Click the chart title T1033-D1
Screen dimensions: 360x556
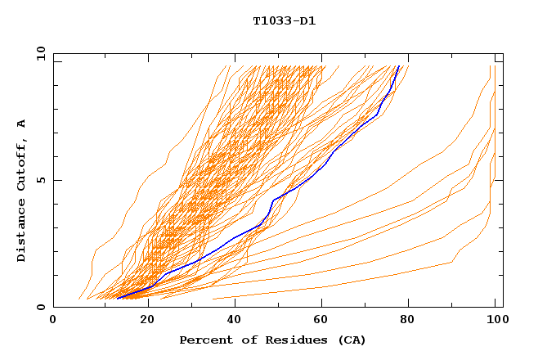tap(284, 20)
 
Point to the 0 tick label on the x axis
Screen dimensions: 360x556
tap(53, 321)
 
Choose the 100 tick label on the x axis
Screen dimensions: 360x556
tap(496, 321)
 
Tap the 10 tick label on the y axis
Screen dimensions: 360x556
tap(38, 53)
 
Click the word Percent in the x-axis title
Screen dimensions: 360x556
tap(204, 340)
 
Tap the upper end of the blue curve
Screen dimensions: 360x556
tap(398, 66)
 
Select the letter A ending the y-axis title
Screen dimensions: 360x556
tap(21, 123)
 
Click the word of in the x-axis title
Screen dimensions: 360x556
tap(244, 340)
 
